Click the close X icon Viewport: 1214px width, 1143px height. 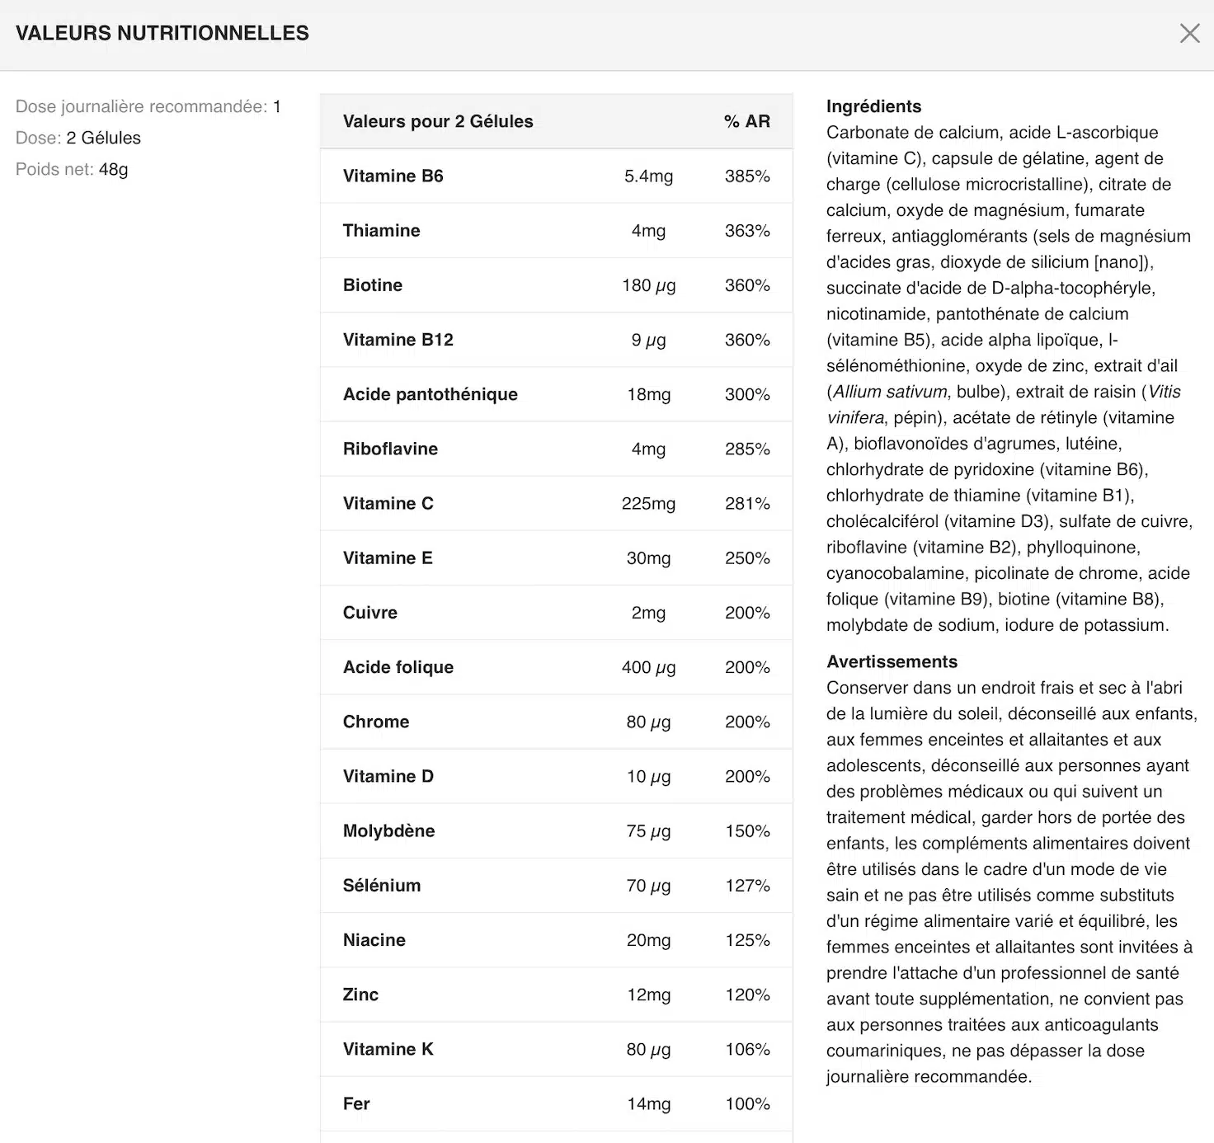tap(1189, 33)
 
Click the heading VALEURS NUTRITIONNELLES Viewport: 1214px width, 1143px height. tap(162, 33)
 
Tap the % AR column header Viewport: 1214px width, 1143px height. tap(746, 121)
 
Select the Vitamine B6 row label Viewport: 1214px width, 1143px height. tap(393, 176)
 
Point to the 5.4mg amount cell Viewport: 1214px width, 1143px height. tap(648, 176)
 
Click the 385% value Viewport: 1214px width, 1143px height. tap(746, 176)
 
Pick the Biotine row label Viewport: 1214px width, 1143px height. tap(373, 285)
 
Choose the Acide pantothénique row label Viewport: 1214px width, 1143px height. tap(430, 394)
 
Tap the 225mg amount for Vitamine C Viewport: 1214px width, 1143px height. tap(648, 503)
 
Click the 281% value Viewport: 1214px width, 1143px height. tap(746, 503)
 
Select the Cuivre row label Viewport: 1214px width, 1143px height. tap(369, 613)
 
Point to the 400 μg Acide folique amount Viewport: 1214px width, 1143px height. tap(648, 667)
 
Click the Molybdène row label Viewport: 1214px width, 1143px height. tap(388, 830)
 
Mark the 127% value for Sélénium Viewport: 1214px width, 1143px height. tap(746, 886)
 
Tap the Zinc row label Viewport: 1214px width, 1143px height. tap(360, 995)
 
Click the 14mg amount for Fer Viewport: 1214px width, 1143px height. tap(648, 1103)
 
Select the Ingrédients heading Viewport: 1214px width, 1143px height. tap(873, 106)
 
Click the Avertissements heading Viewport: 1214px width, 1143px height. tap(892, 661)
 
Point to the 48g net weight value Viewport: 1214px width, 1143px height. tap(113, 169)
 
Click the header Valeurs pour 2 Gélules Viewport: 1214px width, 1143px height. tap(438, 121)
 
